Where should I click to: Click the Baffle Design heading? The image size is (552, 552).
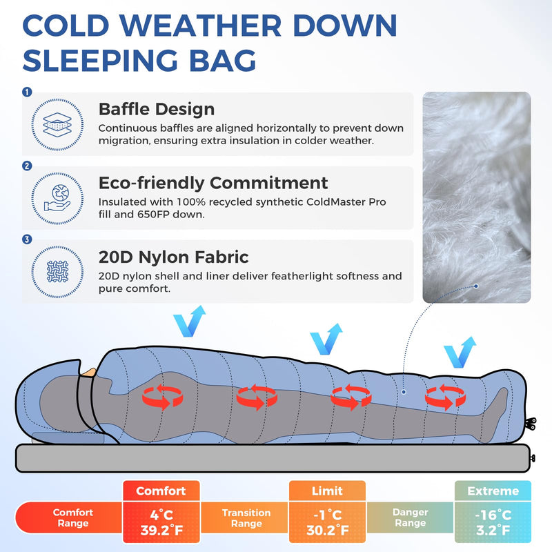point(157,109)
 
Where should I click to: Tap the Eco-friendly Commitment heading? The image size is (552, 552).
point(213,183)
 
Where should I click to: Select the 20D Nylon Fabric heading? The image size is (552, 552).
point(173,257)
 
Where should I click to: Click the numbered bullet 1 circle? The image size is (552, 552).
point(27,92)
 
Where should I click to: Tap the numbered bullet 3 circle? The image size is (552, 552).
point(27,239)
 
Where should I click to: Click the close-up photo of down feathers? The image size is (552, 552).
point(476,197)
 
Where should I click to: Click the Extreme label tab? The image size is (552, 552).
point(493,491)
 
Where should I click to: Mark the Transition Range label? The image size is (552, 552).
point(245,517)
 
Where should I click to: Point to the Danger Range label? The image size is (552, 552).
point(410,517)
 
